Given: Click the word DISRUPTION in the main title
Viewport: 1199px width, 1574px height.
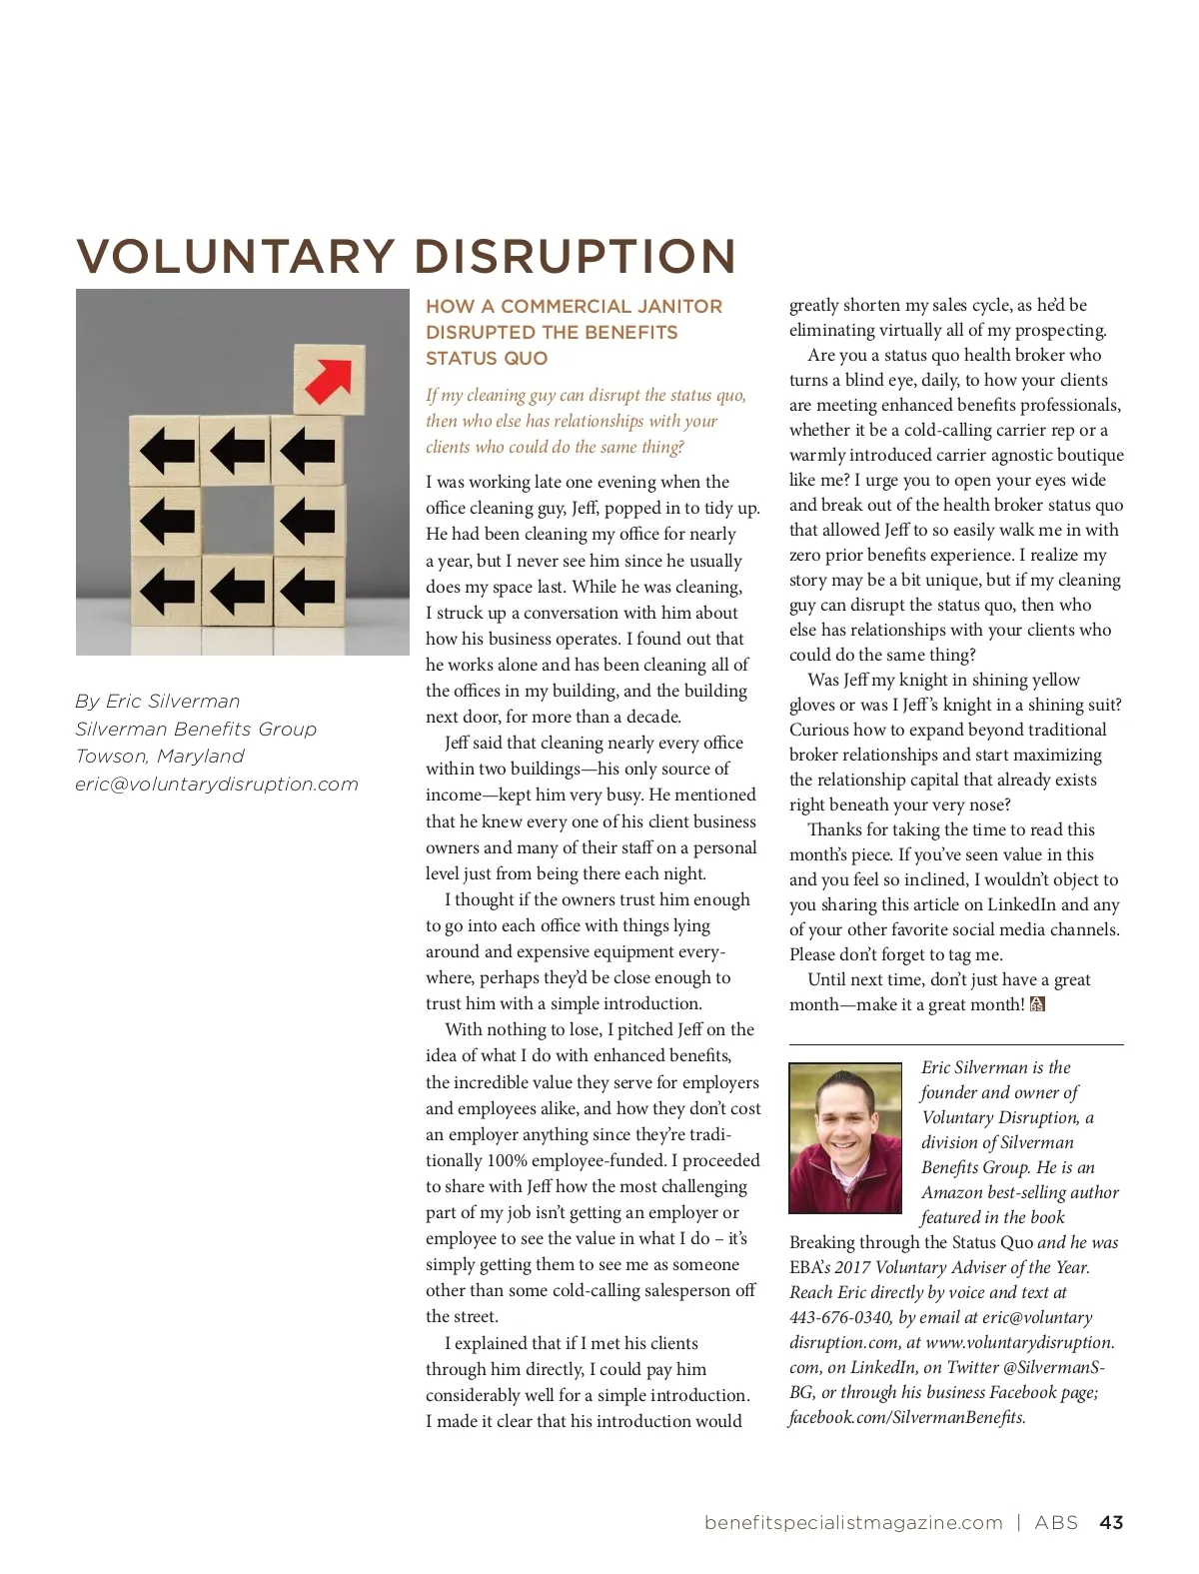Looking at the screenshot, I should pyautogui.click(x=575, y=257).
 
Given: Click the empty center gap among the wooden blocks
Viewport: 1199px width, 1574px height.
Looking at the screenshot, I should pyautogui.click(x=237, y=521).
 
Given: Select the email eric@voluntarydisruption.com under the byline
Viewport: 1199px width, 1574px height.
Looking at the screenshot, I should pyautogui.click(x=217, y=785).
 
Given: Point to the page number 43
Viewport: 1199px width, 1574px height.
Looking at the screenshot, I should pyautogui.click(x=1111, y=1523).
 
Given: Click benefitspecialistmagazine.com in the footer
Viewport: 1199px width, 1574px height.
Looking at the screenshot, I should pyautogui.click(x=853, y=1523).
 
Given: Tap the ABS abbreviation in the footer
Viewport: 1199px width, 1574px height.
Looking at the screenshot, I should pyautogui.click(x=1056, y=1523).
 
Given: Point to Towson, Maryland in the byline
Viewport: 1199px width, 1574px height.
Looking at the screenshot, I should pyautogui.click(x=160, y=757).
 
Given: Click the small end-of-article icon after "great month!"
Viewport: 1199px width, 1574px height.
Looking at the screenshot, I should pyautogui.click(x=1037, y=1004).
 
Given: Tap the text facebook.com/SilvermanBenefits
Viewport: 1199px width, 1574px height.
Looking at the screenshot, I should pyautogui.click(x=907, y=1417).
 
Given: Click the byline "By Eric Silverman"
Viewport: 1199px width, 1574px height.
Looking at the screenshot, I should pyautogui.click(x=158, y=702).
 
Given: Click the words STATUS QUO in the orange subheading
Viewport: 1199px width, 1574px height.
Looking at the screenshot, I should pyautogui.click(x=487, y=359).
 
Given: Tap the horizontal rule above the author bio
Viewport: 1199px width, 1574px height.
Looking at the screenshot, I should pyautogui.click(x=956, y=1044).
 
